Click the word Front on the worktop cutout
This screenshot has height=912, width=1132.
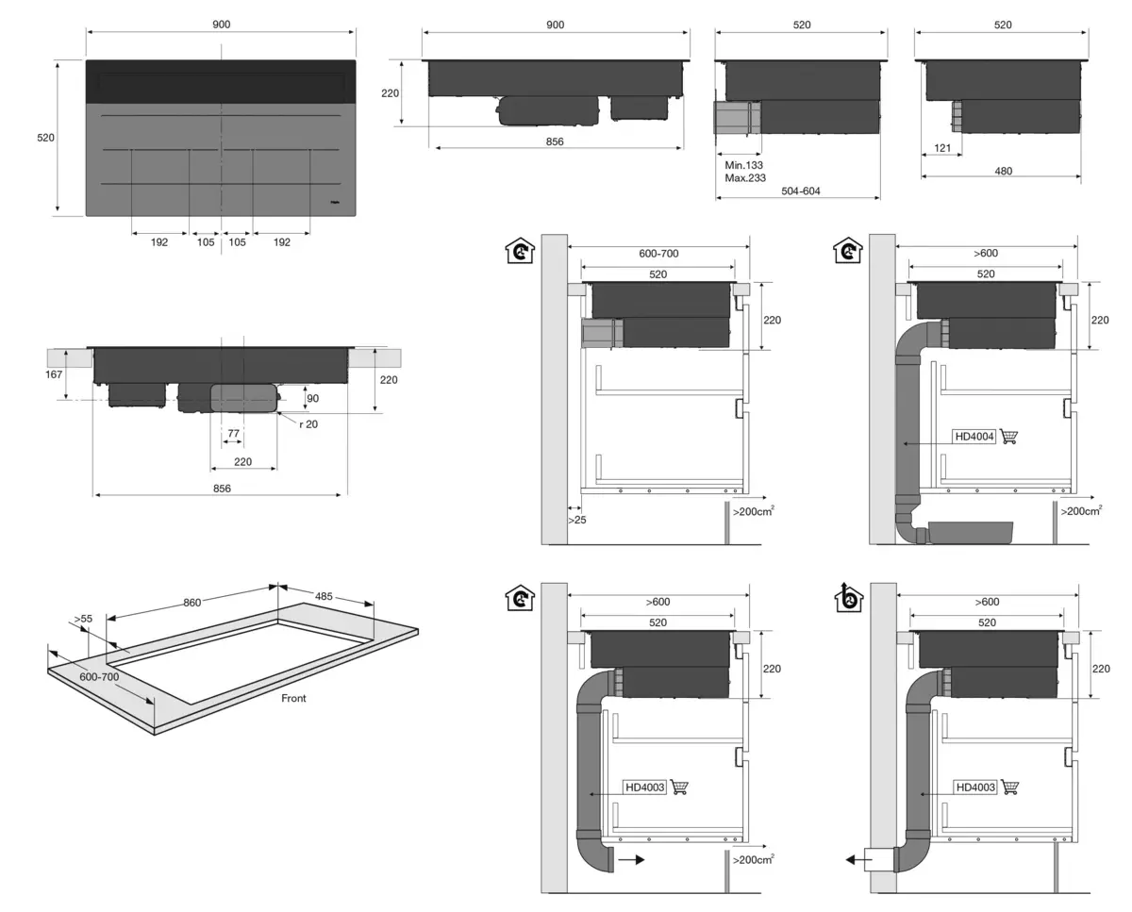(293, 699)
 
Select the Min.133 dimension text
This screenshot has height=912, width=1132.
(743, 164)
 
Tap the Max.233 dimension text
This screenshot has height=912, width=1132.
(744, 177)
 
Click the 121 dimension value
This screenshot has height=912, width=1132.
(941, 149)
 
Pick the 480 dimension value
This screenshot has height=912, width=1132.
(1003, 172)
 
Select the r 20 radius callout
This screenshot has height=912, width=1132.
(308, 424)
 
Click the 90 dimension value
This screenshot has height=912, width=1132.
(313, 398)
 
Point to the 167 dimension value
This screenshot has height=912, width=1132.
(55, 374)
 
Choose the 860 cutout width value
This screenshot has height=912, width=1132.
(191, 602)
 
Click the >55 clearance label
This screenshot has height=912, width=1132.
(82, 620)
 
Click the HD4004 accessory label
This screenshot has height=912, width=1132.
(974, 437)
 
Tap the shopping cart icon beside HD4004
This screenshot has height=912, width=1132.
(1009, 437)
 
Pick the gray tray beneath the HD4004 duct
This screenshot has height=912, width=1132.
(971, 533)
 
